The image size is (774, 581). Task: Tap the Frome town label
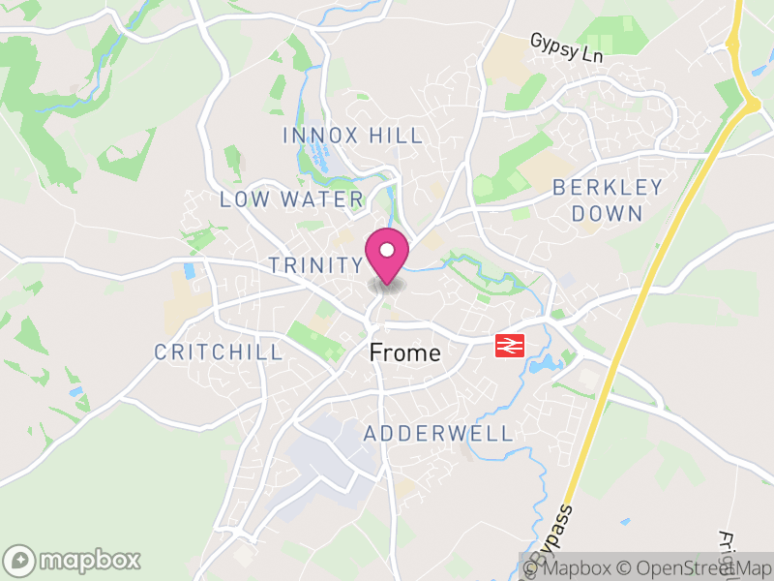pos(405,353)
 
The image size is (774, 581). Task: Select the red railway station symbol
pos(509,345)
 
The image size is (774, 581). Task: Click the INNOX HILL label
pos(353,136)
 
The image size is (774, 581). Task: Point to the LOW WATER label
pos(291,200)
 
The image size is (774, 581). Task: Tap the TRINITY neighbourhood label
pos(315,265)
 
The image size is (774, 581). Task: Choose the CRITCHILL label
pos(219,352)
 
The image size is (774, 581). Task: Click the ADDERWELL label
pos(438,434)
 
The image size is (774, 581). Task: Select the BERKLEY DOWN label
pos(608,200)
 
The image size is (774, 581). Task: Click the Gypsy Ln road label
pos(566,48)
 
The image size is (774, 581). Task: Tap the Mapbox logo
pos(74,560)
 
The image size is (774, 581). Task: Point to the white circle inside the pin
pos(387,251)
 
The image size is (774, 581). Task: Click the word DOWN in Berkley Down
pos(608,213)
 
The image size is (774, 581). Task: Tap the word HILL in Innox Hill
pos(394,136)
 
